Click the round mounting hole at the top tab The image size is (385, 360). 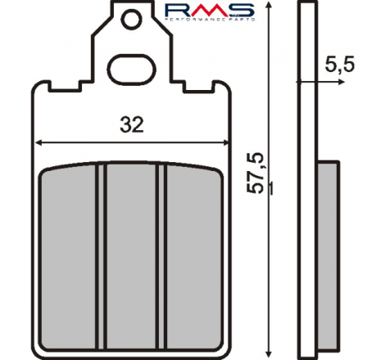click(x=131, y=19)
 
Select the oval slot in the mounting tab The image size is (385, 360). click(x=131, y=70)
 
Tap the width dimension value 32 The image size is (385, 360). click(x=132, y=124)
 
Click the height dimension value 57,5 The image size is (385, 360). click(x=255, y=173)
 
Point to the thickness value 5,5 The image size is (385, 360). click(x=340, y=65)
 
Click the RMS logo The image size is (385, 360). click(x=210, y=11)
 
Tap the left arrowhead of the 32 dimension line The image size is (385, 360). click(x=38, y=142)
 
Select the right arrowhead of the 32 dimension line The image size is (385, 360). click(x=225, y=142)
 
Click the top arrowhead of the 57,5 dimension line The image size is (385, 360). click(x=269, y=5)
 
